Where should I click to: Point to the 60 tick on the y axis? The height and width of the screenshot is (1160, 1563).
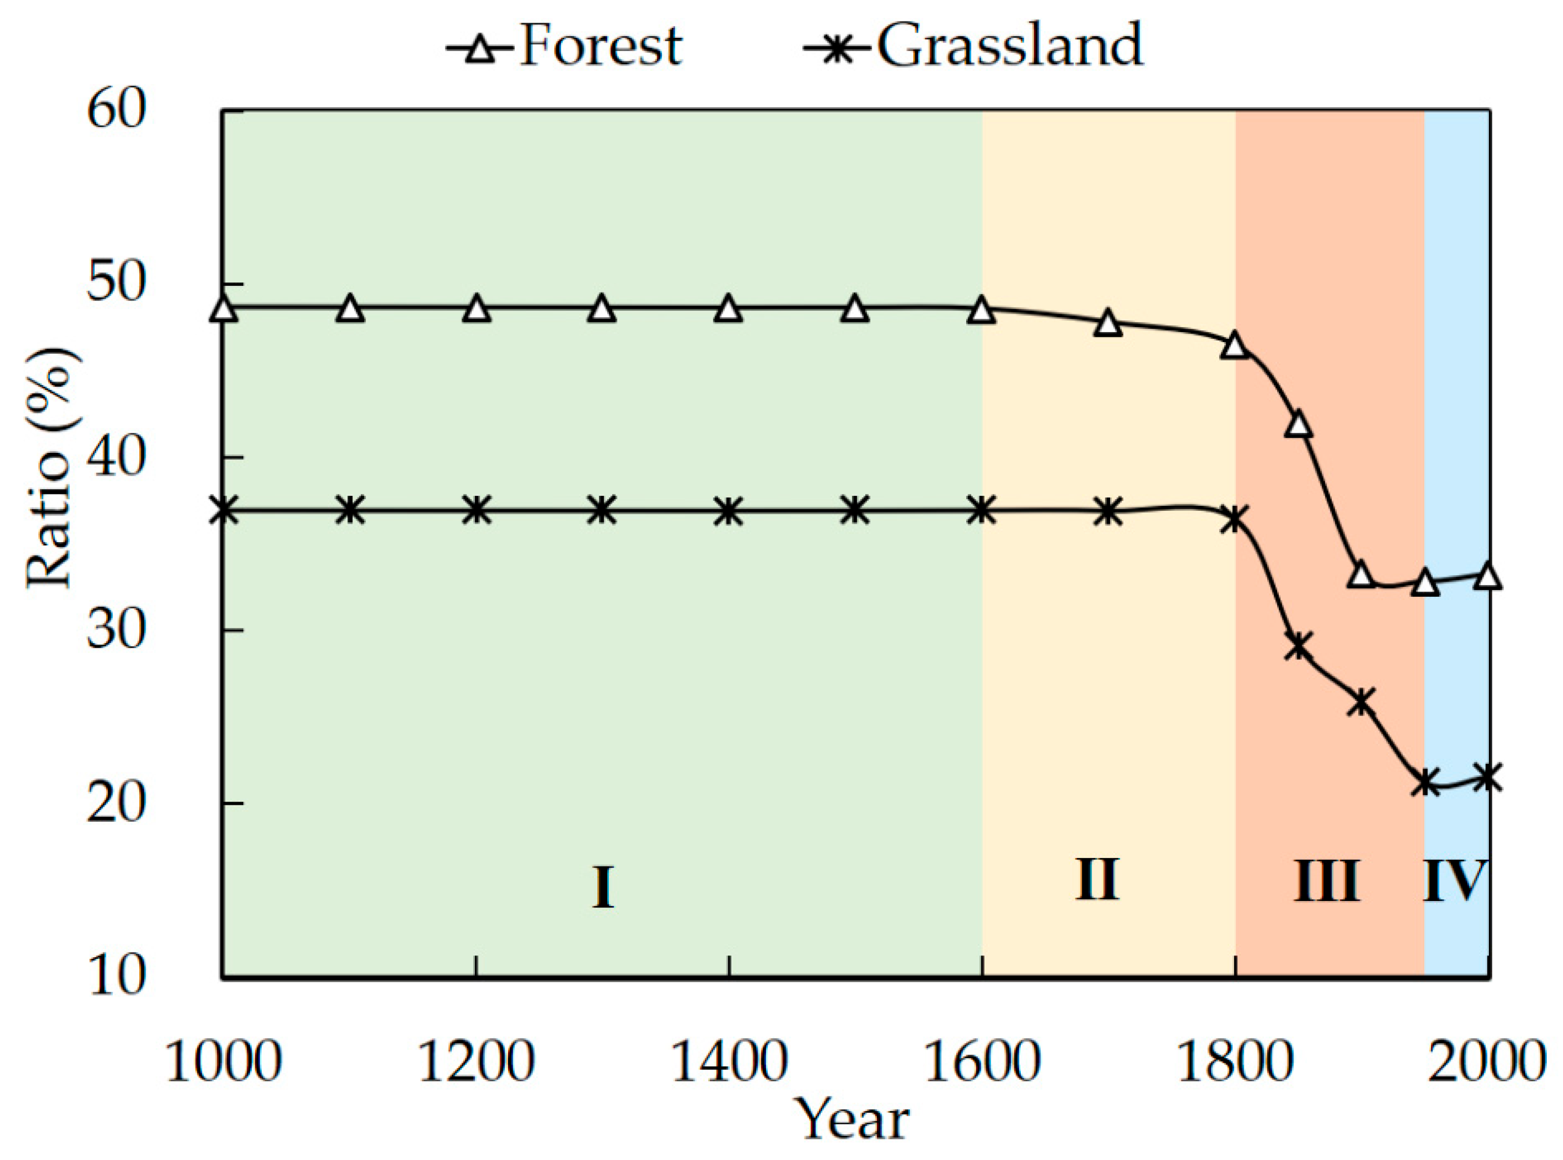[x=117, y=110]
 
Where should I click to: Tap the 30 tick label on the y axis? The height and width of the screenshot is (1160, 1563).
[x=117, y=630]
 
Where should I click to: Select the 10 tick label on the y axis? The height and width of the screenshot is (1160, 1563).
[x=117, y=977]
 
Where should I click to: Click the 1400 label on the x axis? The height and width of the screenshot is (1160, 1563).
[x=730, y=1061]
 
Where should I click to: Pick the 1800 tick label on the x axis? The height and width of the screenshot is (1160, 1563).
[x=1235, y=1061]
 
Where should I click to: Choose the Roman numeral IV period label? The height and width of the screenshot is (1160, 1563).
[x=1455, y=881]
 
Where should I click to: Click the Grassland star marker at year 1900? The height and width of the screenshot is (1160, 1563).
[x=1361, y=701]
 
